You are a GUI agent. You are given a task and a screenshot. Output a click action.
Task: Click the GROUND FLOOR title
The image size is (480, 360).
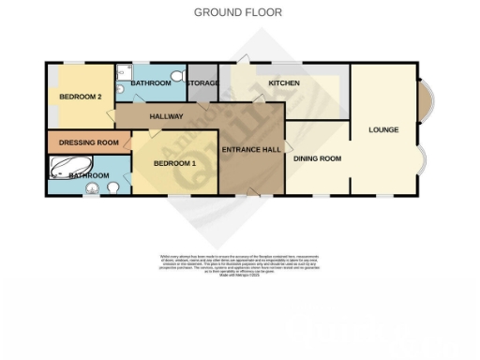coord(237,12)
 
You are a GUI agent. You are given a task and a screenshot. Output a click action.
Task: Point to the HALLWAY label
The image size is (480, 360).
coord(166,116)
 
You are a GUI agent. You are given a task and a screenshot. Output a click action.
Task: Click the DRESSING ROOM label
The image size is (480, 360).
coord(89,142)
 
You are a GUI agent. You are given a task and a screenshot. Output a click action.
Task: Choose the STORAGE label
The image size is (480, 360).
coord(202,83)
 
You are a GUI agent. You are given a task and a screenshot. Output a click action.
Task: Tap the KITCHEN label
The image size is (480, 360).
coord(284,83)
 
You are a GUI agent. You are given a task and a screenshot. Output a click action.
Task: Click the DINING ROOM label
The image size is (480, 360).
coord(317,158)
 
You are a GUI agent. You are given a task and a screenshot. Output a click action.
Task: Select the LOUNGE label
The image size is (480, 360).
coord(383,129)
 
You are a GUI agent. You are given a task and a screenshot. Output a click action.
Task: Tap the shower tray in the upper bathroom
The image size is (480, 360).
coord(126,72)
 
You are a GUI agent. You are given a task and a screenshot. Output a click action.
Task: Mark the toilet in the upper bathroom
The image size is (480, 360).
coord(178,76)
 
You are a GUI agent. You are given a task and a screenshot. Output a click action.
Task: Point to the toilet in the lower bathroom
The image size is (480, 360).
coord(113,187)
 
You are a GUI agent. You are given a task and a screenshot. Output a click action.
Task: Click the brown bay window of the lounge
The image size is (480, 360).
coord(424,97)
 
